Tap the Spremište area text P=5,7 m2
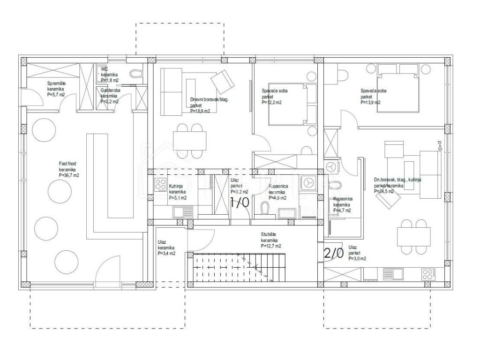[56, 94]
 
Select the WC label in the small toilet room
[104, 69]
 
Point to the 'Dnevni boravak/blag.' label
[209, 99]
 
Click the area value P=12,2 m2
[272, 102]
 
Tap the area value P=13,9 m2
[371, 102]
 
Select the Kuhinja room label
[176, 186]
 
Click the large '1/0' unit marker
[239, 202]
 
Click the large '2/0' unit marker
[334, 253]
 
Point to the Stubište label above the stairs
[271, 234]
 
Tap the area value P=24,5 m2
[384, 191]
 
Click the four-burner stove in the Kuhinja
[160, 183]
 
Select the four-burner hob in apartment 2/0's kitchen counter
[427, 273]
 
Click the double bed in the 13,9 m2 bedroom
[397, 92]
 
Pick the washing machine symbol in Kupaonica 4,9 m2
[308, 182]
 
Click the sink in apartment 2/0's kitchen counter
[390, 273]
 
